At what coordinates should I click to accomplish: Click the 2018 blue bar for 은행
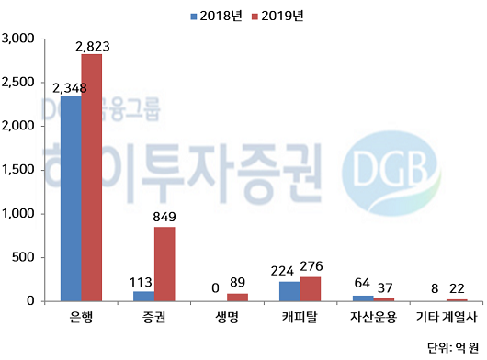(71, 197)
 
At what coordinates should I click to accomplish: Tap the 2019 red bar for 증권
(164, 264)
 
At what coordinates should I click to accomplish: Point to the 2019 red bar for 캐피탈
(311, 288)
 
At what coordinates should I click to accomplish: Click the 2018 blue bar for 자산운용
(364, 298)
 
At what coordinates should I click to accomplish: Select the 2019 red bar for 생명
(238, 297)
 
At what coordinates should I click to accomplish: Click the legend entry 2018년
(214, 16)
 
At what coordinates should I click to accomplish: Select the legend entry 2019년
(277, 16)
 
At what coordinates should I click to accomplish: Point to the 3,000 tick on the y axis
(19, 39)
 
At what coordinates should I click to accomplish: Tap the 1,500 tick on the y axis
(19, 170)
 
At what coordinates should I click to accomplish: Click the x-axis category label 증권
(154, 319)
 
